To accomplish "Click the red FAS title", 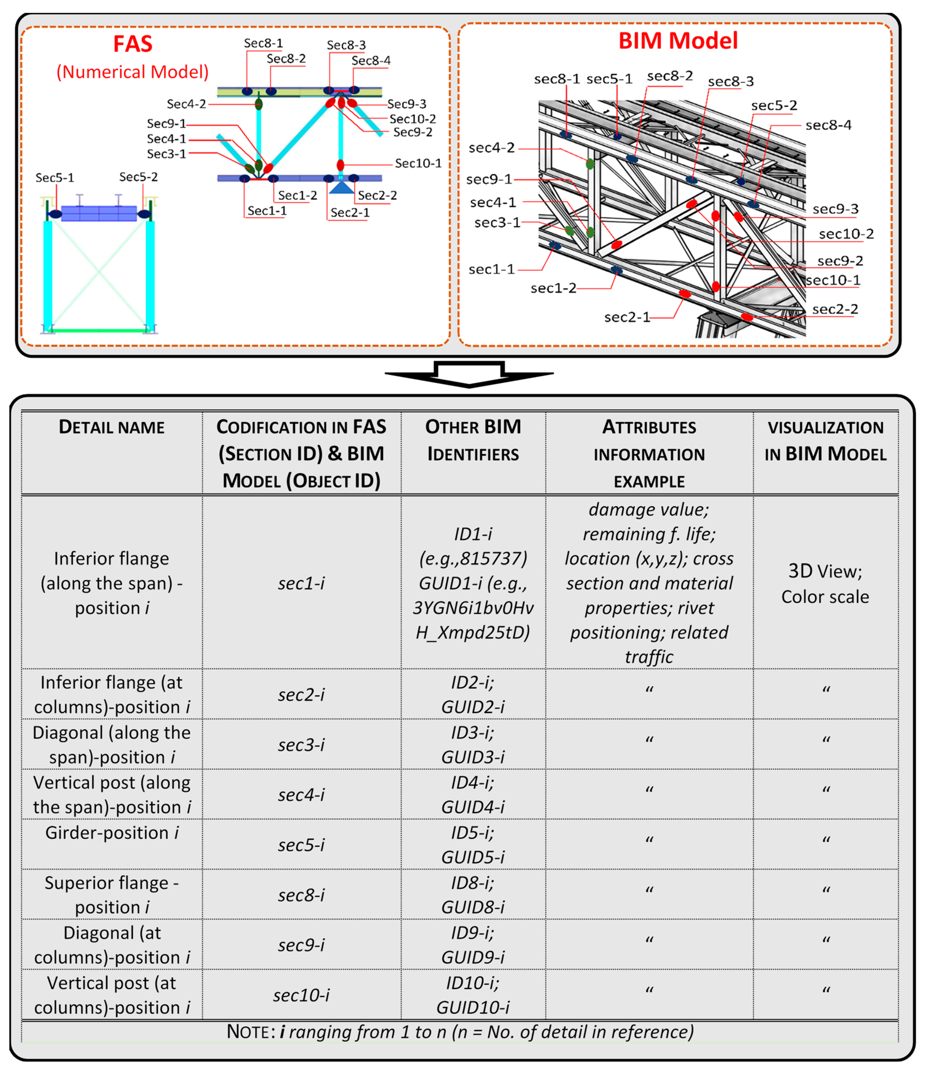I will pyautogui.click(x=133, y=44).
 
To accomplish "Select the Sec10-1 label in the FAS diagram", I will pyautogui.click(x=418, y=163).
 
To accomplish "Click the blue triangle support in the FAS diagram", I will pyautogui.click(x=341, y=187).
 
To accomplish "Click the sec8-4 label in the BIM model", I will pyautogui.click(x=828, y=125).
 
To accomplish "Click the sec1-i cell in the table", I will pyautogui.click(x=301, y=583).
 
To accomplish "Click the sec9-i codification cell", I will pyautogui.click(x=301, y=944).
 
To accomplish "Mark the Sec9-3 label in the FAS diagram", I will pyautogui.click(x=406, y=104).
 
